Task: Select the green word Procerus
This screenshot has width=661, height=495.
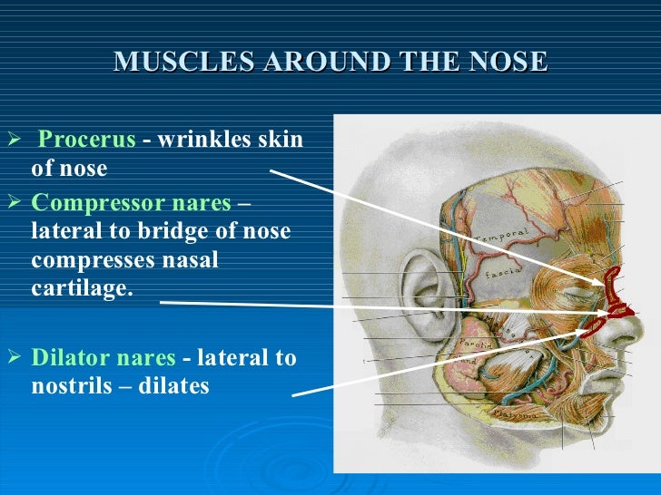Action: click(87, 141)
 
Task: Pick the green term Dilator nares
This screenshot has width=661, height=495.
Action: click(104, 357)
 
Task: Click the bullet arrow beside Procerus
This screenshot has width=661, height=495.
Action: click(13, 141)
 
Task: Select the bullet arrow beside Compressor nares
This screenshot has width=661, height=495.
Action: click(13, 202)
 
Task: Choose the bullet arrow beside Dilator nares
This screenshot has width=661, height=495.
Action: click(13, 357)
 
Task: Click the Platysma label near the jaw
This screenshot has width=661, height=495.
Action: click(511, 413)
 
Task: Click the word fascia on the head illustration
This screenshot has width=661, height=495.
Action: click(502, 269)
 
